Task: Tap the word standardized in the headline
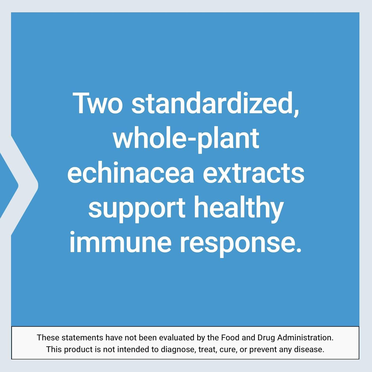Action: pos(215,103)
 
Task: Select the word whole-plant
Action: pos(186,139)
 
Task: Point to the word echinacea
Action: pos(131,173)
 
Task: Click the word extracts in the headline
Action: pos(253,173)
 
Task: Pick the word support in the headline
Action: pos(137,209)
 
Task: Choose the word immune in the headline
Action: pos(120,242)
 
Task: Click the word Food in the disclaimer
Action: pos(230,338)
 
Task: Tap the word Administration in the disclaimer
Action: pos(305,338)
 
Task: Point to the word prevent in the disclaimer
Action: pos(263,349)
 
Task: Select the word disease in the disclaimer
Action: pos(309,349)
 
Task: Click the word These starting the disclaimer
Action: pos(48,338)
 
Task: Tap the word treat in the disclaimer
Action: pos(208,349)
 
